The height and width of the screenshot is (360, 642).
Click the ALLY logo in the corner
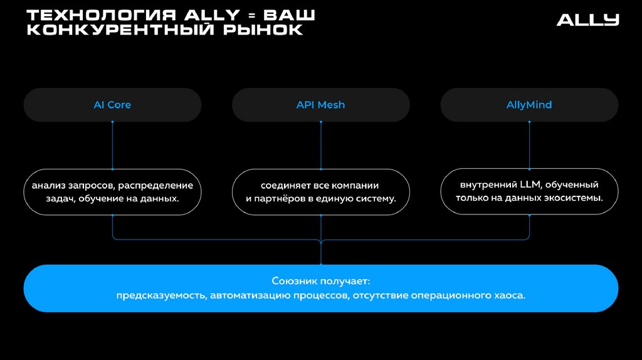[587, 20]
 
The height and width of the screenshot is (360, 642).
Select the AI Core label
[112, 105]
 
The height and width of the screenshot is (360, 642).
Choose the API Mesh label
[320, 105]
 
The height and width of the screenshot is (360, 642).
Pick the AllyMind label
[529, 105]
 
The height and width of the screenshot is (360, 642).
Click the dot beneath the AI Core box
[112, 122]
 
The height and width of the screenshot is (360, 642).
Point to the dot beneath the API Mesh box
[320, 122]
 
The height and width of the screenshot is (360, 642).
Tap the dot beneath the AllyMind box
[529, 122]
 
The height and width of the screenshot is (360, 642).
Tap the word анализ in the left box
[49, 186]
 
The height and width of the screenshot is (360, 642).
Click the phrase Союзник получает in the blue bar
[320, 281]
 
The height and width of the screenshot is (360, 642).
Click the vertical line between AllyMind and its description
[529, 146]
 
